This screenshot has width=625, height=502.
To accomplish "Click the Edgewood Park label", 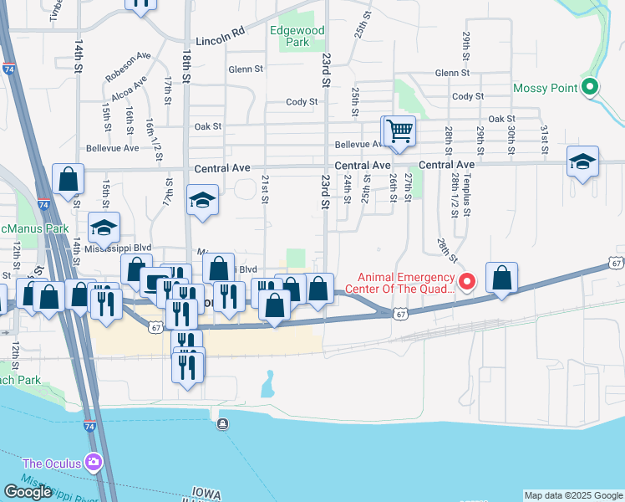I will tap(297, 35).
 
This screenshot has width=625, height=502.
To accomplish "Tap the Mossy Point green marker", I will tap(591, 87).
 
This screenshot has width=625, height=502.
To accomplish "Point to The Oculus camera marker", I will tap(93, 463).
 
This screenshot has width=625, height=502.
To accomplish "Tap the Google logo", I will tap(28, 492).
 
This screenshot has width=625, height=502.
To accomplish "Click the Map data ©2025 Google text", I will tap(573, 495).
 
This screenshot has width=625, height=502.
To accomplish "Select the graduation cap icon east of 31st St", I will tap(582, 161).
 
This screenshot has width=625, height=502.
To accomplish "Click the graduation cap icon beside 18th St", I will tap(202, 200).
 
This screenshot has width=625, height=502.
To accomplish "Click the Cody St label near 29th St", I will tap(468, 96).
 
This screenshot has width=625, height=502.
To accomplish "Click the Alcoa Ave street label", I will tap(127, 88).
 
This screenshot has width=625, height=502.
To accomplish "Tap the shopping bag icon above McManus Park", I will tap(68, 178).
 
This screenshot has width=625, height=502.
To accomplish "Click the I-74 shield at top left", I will tap(8, 70).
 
